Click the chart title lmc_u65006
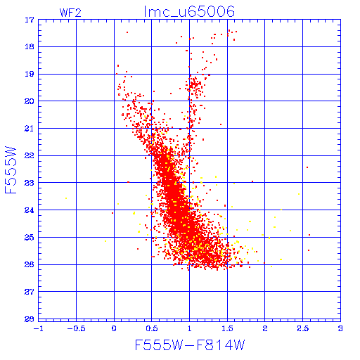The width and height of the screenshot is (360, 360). [189, 12]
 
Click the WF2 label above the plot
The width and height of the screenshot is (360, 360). [70, 13]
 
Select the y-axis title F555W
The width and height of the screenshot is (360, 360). [11, 170]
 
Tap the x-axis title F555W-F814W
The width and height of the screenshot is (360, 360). [190, 345]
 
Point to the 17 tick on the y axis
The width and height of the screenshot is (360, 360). [30, 20]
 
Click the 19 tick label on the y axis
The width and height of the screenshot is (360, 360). [30, 74]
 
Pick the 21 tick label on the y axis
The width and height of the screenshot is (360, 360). [30, 129]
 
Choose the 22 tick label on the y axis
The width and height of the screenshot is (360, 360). [30, 155]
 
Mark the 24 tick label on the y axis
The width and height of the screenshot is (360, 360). [30, 210]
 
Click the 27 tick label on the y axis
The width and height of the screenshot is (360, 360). [30, 292]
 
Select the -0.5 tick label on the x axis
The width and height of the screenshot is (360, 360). [76, 328]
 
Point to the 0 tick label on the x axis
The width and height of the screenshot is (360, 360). [114, 328]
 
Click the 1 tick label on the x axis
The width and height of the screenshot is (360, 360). [190, 328]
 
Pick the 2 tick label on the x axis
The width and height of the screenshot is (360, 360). [265, 328]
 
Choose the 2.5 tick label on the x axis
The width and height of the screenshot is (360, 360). [303, 328]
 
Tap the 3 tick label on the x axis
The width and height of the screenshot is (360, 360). [340, 328]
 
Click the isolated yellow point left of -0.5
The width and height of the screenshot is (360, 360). [66, 198]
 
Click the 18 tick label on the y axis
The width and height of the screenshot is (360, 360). [30, 47]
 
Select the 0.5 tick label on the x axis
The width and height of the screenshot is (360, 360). [152, 328]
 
